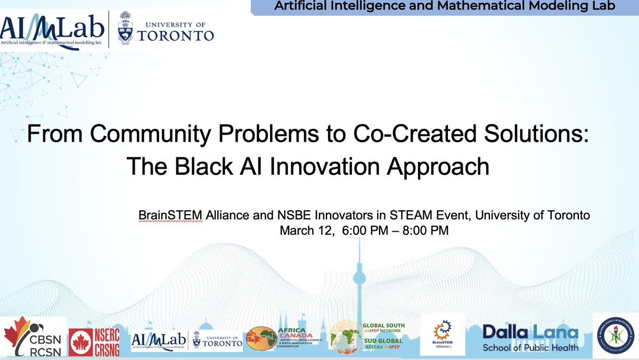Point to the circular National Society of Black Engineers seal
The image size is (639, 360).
pos(615,337)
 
